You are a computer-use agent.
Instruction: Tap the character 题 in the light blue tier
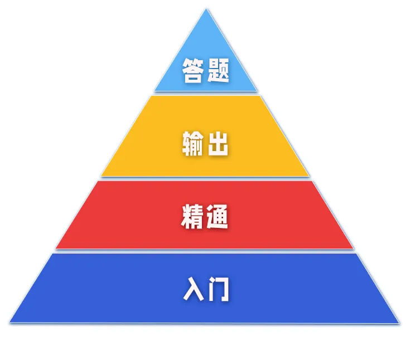tap(218, 71)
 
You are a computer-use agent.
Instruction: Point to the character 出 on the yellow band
tap(218, 144)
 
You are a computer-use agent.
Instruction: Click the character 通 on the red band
tap(218, 217)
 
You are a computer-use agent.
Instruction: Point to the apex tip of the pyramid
tap(205, 9)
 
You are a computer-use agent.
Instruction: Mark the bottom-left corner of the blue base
tap(11, 322)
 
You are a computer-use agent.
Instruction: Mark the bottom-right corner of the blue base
tap(399, 322)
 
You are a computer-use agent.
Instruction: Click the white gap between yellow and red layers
tap(205, 178)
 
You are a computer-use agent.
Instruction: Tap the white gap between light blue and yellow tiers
tap(205, 93)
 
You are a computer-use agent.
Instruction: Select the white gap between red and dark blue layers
tap(205, 251)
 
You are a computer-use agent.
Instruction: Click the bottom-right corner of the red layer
tap(353, 248)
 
